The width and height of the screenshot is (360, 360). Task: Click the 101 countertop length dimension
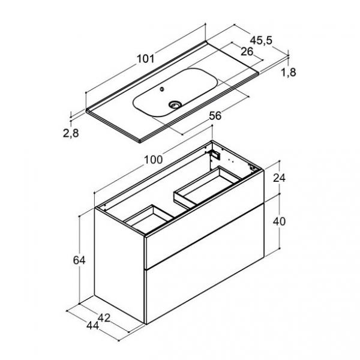pos(146,59)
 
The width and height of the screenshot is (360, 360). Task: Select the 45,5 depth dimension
pos(261,40)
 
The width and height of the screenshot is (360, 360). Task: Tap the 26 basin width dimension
pos(247,52)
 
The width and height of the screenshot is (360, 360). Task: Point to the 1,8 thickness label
pos(289,73)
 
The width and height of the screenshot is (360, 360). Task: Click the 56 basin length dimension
pos(215,116)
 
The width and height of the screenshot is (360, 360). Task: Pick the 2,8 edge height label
pos(71,133)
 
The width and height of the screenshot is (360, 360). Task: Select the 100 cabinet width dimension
pos(154,160)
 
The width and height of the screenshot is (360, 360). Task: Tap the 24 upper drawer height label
pos(279,178)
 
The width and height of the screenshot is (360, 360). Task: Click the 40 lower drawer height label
pos(279,221)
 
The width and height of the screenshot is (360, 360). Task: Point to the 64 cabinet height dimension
pos(79,260)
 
